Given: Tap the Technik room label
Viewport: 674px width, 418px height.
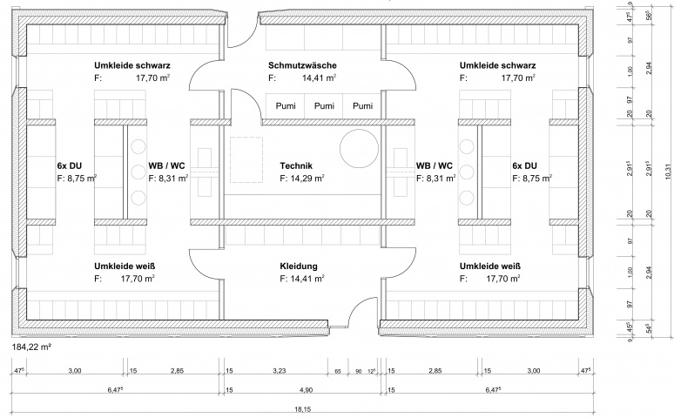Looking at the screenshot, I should pos(296,165).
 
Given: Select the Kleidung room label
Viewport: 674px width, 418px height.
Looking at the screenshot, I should pos(300,266).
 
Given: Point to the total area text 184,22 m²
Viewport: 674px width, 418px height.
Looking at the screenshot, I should pos(30,347).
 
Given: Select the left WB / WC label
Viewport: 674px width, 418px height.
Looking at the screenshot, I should pos(166,165).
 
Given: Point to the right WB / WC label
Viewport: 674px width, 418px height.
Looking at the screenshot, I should pos(434,165).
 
